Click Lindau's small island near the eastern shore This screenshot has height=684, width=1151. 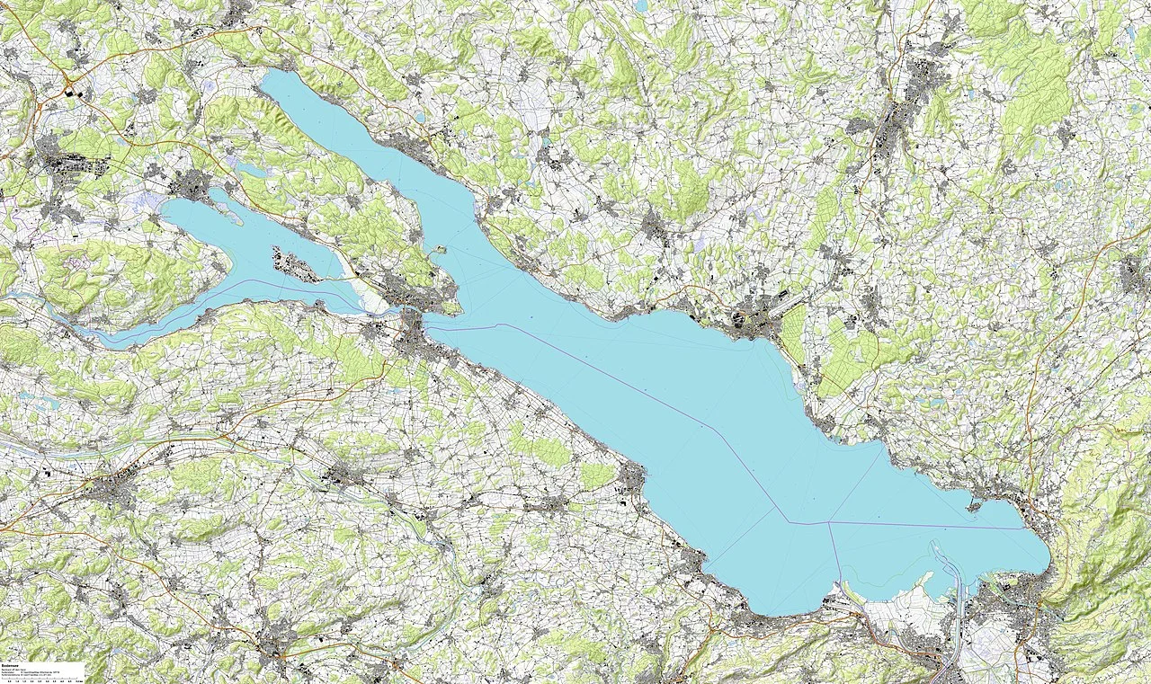(x=974, y=507)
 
